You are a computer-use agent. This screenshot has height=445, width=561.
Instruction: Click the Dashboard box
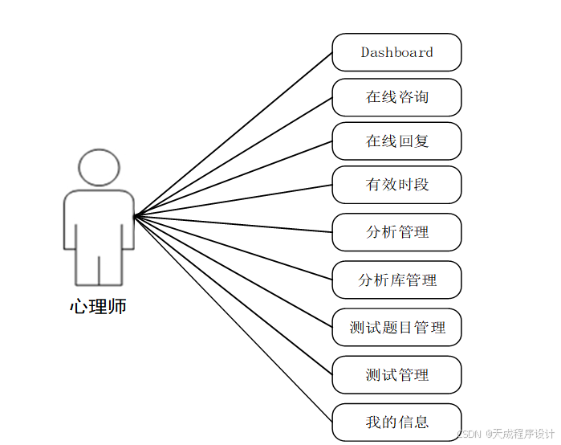[x=396, y=52]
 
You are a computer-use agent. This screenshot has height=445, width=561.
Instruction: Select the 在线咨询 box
[x=396, y=97]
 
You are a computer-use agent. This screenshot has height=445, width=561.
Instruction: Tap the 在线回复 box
[x=396, y=141]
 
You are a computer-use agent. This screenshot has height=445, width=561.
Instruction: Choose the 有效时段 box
[x=396, y=185]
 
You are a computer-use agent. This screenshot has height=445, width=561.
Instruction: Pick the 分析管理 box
[x=396, y=232]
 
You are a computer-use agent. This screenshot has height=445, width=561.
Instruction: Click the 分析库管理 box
[x=396, y=280]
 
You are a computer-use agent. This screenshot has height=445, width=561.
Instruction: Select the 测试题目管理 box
[x=396, y=328]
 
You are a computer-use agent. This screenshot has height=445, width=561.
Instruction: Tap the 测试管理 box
[x=396, y=375]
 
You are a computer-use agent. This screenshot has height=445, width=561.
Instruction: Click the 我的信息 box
[x=396, y=423]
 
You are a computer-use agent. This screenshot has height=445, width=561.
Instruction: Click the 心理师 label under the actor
[x=98, y=307]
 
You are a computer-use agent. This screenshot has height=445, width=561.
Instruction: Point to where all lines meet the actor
[x=135, y=215]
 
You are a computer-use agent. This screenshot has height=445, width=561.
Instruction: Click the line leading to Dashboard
[x=233, y=134]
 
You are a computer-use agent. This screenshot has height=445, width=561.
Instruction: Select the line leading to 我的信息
[x=233, y=318]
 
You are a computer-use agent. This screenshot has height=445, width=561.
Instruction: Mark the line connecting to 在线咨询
[x=233, y=157]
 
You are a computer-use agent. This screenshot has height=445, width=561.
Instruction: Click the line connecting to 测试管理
[x=233, y=295]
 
